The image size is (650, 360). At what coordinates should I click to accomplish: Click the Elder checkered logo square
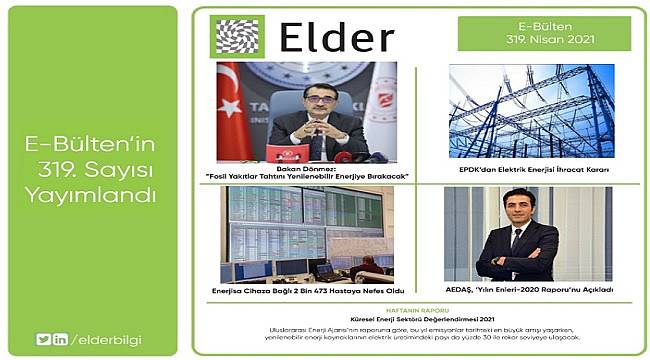[x=238, y=36]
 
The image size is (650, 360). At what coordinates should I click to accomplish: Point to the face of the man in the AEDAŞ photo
[x=517, y=210]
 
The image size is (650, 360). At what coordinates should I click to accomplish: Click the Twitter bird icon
[x=43, y=339]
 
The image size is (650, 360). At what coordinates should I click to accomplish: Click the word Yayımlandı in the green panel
[x=90, y=196]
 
